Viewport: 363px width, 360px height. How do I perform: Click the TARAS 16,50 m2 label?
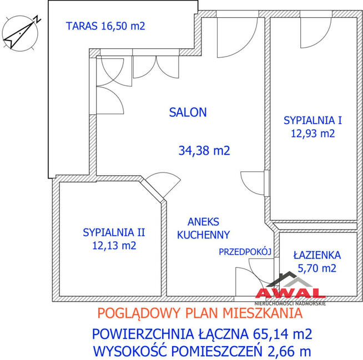(x=105, y=26)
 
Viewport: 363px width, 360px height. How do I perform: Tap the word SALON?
(x=188, y=113)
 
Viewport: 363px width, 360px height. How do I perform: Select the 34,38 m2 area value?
(x=204, y=151)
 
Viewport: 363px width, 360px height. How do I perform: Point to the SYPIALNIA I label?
(x=312, y=120)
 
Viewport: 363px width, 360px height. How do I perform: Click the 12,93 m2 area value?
(x=312, y=134)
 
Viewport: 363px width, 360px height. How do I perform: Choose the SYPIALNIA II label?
(x=114, y=232)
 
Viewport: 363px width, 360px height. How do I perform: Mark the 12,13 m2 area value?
(x=114, y=246)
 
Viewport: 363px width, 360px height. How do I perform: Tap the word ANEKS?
(x=203, y=222)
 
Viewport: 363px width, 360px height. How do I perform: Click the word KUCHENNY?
(x=203, y=235)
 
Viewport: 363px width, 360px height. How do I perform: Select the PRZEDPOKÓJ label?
(x=245, y=252)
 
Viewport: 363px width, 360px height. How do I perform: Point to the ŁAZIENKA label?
(x=317, y=255)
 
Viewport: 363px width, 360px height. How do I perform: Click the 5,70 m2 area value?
(x=317, y=268)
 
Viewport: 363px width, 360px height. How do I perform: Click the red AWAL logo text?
(x=290, y=293)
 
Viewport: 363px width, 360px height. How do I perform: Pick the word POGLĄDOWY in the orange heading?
(x=139, y=313)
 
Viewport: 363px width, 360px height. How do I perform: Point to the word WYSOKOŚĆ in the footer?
(x=130, y=351)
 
